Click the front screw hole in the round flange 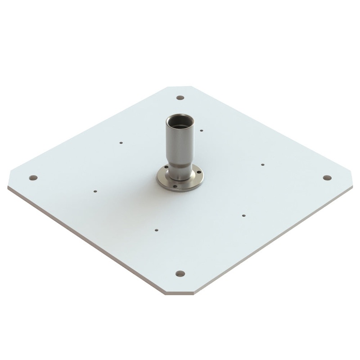(175, 186)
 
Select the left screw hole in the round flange (166, 167)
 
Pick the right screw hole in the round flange (199, 172)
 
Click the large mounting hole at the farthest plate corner (180, 98)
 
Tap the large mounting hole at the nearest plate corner (180, 273)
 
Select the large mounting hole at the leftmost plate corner (33, 178)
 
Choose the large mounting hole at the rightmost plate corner (327, 178)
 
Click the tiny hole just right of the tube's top (201, 130)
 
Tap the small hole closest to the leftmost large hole (95, 191)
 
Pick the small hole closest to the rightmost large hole (263, 165)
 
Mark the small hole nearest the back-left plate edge (121, 143)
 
